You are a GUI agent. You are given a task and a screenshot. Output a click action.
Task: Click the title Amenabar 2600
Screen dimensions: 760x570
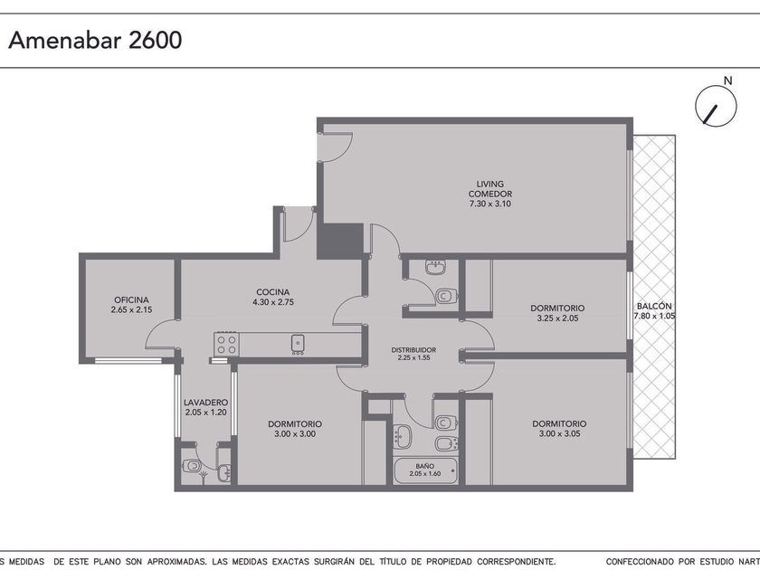[x=95, y=40]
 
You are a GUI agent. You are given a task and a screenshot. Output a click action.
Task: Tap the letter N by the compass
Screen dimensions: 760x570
[x=727, y=81]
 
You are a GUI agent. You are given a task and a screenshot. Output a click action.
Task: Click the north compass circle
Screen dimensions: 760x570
[x=716, y=106]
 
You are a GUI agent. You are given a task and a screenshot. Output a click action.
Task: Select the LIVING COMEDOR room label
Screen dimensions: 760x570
[x=490, y=189]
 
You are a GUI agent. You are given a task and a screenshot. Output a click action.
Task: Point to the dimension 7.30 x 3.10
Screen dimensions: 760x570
[x=490, y=204]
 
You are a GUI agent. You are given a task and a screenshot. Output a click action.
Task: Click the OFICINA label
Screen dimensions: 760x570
[x=131, y=300]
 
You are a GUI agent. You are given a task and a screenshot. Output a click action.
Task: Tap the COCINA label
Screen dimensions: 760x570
[x=273, y=292]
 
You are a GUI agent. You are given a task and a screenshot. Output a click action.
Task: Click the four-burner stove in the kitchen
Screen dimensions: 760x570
[x=226, y=344]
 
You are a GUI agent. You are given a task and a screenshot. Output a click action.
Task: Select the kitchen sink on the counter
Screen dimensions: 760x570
[x=298, y=344]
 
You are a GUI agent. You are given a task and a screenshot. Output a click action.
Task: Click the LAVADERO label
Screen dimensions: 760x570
[x=205, y=403]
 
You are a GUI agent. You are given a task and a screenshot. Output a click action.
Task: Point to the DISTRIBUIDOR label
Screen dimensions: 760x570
[x=413, y=350]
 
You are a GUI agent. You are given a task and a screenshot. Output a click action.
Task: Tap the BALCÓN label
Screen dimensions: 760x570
[x=654, y=307]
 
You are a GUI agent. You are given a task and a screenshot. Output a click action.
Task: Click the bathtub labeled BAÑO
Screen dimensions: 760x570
[x=425, y=471]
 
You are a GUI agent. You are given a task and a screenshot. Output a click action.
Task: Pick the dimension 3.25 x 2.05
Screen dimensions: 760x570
[x=557, y=318]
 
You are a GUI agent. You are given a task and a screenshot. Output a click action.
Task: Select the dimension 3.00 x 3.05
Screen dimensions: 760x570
[x=559, y=433]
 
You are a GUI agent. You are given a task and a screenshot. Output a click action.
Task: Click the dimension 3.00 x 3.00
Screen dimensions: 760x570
[x=295, y=434]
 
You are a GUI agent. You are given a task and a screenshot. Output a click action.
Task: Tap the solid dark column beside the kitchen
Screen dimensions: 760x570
[x=340, y=241]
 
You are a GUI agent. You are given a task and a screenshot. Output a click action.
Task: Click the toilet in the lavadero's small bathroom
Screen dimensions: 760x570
[x=192, y=466]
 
